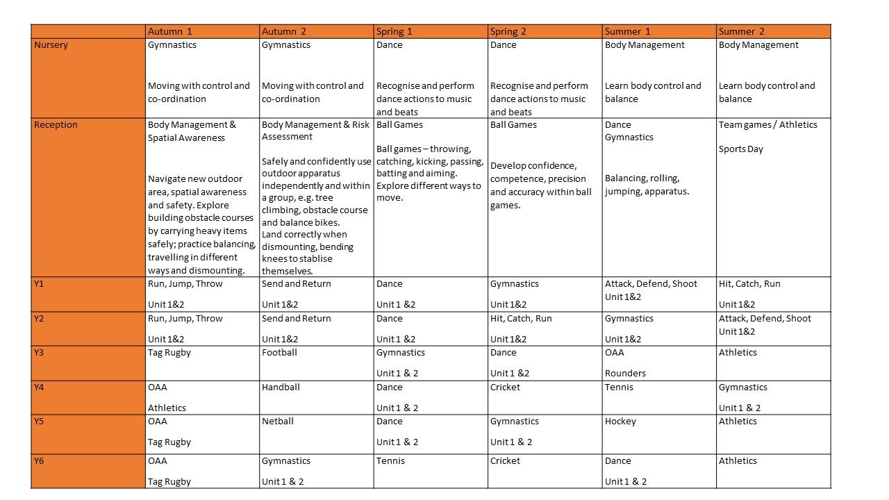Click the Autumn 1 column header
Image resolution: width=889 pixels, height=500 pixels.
(170, 31)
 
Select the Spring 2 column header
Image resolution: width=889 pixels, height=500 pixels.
(508, 31)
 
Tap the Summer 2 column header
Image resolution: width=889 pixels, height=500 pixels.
(741, 31)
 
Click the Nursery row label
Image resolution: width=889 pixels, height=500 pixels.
(51, 45)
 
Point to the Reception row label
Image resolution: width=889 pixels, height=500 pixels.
(56, 125)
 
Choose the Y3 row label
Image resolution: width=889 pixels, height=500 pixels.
(39, 353)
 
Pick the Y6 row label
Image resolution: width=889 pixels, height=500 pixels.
(39, 461)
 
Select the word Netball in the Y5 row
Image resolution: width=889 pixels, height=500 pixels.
(278, 422)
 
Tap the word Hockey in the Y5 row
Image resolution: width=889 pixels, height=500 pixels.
(620, 422)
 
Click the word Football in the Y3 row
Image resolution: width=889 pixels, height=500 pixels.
(279, 353)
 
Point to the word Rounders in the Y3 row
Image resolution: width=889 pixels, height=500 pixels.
(625, 373)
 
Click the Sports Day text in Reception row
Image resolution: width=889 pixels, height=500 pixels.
(740, 149)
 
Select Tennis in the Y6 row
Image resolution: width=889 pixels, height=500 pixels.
(390, 461)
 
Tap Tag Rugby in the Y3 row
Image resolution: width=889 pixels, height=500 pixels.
(169, 353)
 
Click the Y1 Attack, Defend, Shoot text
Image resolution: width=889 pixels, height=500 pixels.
(651, 284)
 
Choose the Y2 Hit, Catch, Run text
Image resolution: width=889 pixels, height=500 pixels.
(521, 319)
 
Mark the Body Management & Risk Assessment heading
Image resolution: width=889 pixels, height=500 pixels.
(315, 131)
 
